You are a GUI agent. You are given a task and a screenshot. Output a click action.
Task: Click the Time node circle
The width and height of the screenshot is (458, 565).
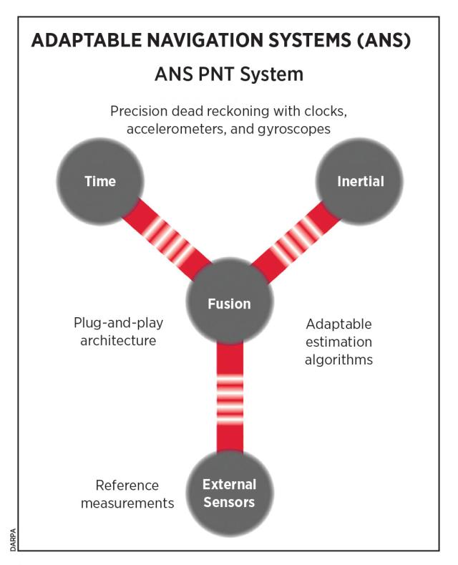pos(99,181)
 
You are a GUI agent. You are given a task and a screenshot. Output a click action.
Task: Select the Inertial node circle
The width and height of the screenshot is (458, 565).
pos(360,181)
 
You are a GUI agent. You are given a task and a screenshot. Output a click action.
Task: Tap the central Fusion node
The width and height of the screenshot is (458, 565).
pos(229,304)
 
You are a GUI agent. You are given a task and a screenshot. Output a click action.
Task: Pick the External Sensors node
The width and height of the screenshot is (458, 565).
pos(229,493)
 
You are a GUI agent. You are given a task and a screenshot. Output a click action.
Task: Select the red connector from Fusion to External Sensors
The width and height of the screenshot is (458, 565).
pos(230,397)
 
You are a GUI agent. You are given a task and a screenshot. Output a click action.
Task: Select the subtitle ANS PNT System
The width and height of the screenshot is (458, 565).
pos(229,74)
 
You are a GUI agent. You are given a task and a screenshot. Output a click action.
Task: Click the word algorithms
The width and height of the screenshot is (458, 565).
pos(338,359)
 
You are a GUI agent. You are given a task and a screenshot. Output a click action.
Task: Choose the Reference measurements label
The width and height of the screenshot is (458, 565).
pos(127,494)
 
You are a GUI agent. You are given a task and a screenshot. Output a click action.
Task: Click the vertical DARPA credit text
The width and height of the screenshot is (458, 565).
pos(14,536)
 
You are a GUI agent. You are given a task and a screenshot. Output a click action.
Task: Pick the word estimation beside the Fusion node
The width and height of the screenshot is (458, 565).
pos(338,341)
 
